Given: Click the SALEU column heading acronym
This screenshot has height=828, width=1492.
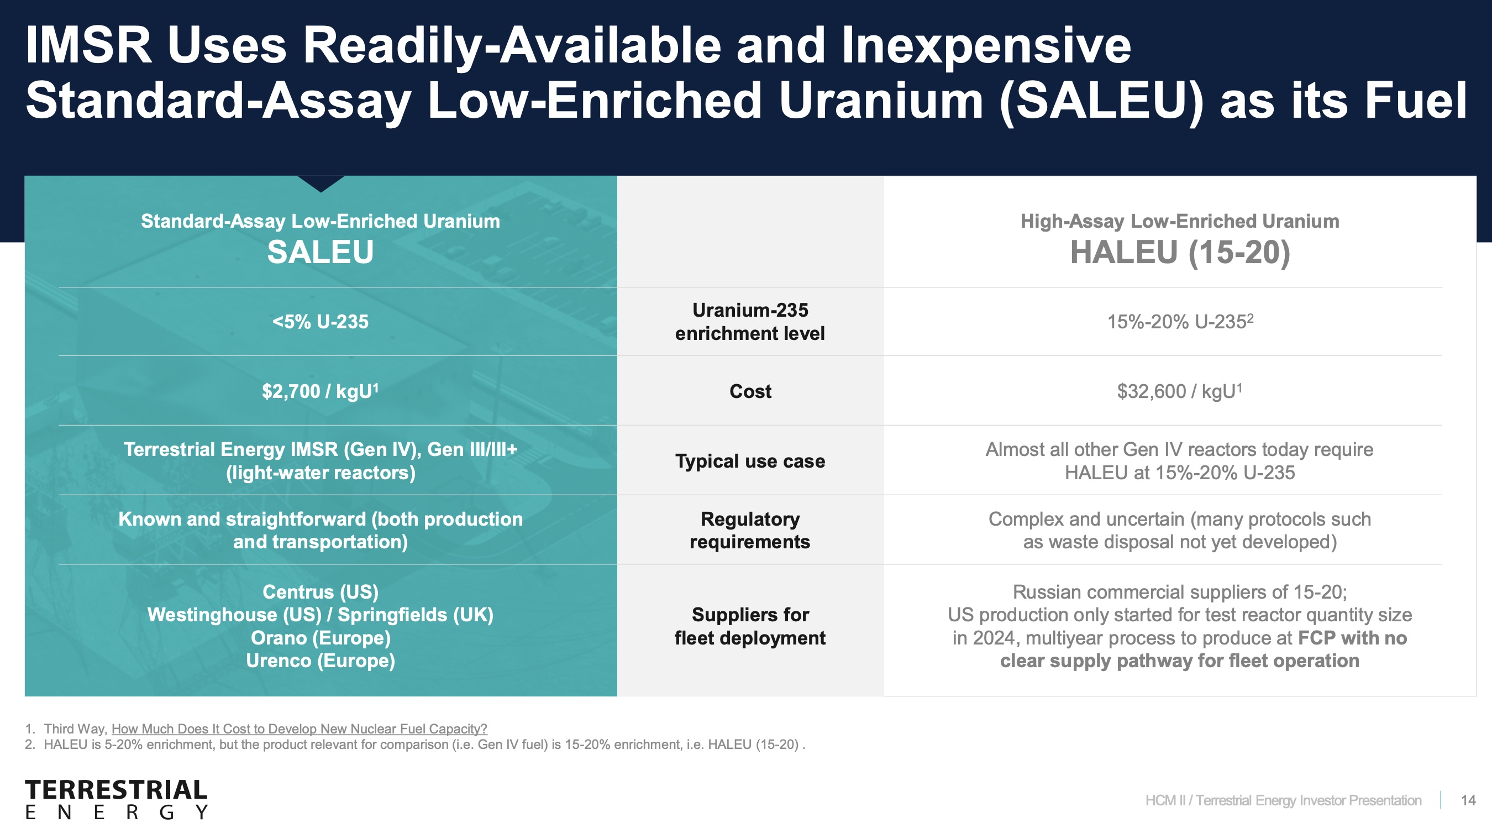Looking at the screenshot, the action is click(x=321, y=252).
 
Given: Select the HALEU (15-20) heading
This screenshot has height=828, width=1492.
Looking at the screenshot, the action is click(x=1180, y=253).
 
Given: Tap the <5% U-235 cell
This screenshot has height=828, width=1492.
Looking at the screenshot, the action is click(x=321, y=322).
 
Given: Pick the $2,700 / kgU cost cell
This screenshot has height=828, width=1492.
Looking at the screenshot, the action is click(x=321, y=391).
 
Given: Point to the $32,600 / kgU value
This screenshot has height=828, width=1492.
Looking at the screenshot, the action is click(x=1180, y=391).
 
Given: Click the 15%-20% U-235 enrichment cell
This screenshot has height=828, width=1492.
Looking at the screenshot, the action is click(x=1180, y=321).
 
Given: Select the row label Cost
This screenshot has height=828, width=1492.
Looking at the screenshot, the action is click(x=750, y=391).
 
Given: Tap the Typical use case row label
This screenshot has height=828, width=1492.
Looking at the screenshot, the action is click(x=750, y=461).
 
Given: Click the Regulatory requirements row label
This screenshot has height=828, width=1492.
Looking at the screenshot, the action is click(x=750, y=530).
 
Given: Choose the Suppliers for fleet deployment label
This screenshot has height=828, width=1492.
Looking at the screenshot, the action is click(x=750, y=626).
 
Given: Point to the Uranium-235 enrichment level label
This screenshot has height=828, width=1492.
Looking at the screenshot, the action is click(x=750, y=322).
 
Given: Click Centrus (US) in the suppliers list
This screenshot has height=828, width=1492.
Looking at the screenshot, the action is click(x=321, y=591).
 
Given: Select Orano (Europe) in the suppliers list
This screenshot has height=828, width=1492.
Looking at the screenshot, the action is click(x=321, y=637).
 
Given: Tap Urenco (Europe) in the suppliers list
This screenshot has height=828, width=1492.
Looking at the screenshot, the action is click(x=321, y=661).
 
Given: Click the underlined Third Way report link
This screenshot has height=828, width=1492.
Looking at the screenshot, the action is click(x=300, y=729).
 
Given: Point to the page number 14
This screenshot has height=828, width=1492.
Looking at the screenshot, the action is click(x=1468, y=800).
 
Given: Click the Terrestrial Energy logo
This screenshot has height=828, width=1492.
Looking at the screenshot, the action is click(x=117, y=799).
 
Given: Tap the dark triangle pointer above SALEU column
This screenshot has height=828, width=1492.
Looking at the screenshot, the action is click(x=321, y=183).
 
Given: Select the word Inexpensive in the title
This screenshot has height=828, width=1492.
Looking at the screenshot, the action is click(x=986, y=46).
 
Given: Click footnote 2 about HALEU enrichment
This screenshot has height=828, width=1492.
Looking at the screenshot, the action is click(x=414, y=745).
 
